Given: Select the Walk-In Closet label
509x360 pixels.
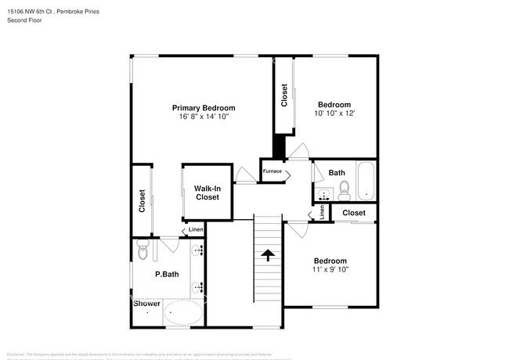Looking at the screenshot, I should pos(208,193).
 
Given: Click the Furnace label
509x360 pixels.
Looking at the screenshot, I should pos(272,171).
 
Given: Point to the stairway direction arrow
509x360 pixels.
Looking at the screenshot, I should pos(268,255).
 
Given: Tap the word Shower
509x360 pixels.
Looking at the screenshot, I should pos(146,303).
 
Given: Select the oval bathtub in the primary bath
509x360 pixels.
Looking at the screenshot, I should pos(182,315).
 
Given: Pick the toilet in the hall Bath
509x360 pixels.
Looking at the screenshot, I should pos(344,188).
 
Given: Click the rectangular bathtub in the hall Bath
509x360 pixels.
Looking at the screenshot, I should pos(366,182).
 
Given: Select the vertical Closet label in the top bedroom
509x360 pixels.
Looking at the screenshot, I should pos(284,95).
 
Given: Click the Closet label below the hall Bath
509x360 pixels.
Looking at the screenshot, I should pos(353,212).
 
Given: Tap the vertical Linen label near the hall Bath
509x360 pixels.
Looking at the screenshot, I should pos(322,213).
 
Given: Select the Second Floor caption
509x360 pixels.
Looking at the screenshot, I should pos(24,20).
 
